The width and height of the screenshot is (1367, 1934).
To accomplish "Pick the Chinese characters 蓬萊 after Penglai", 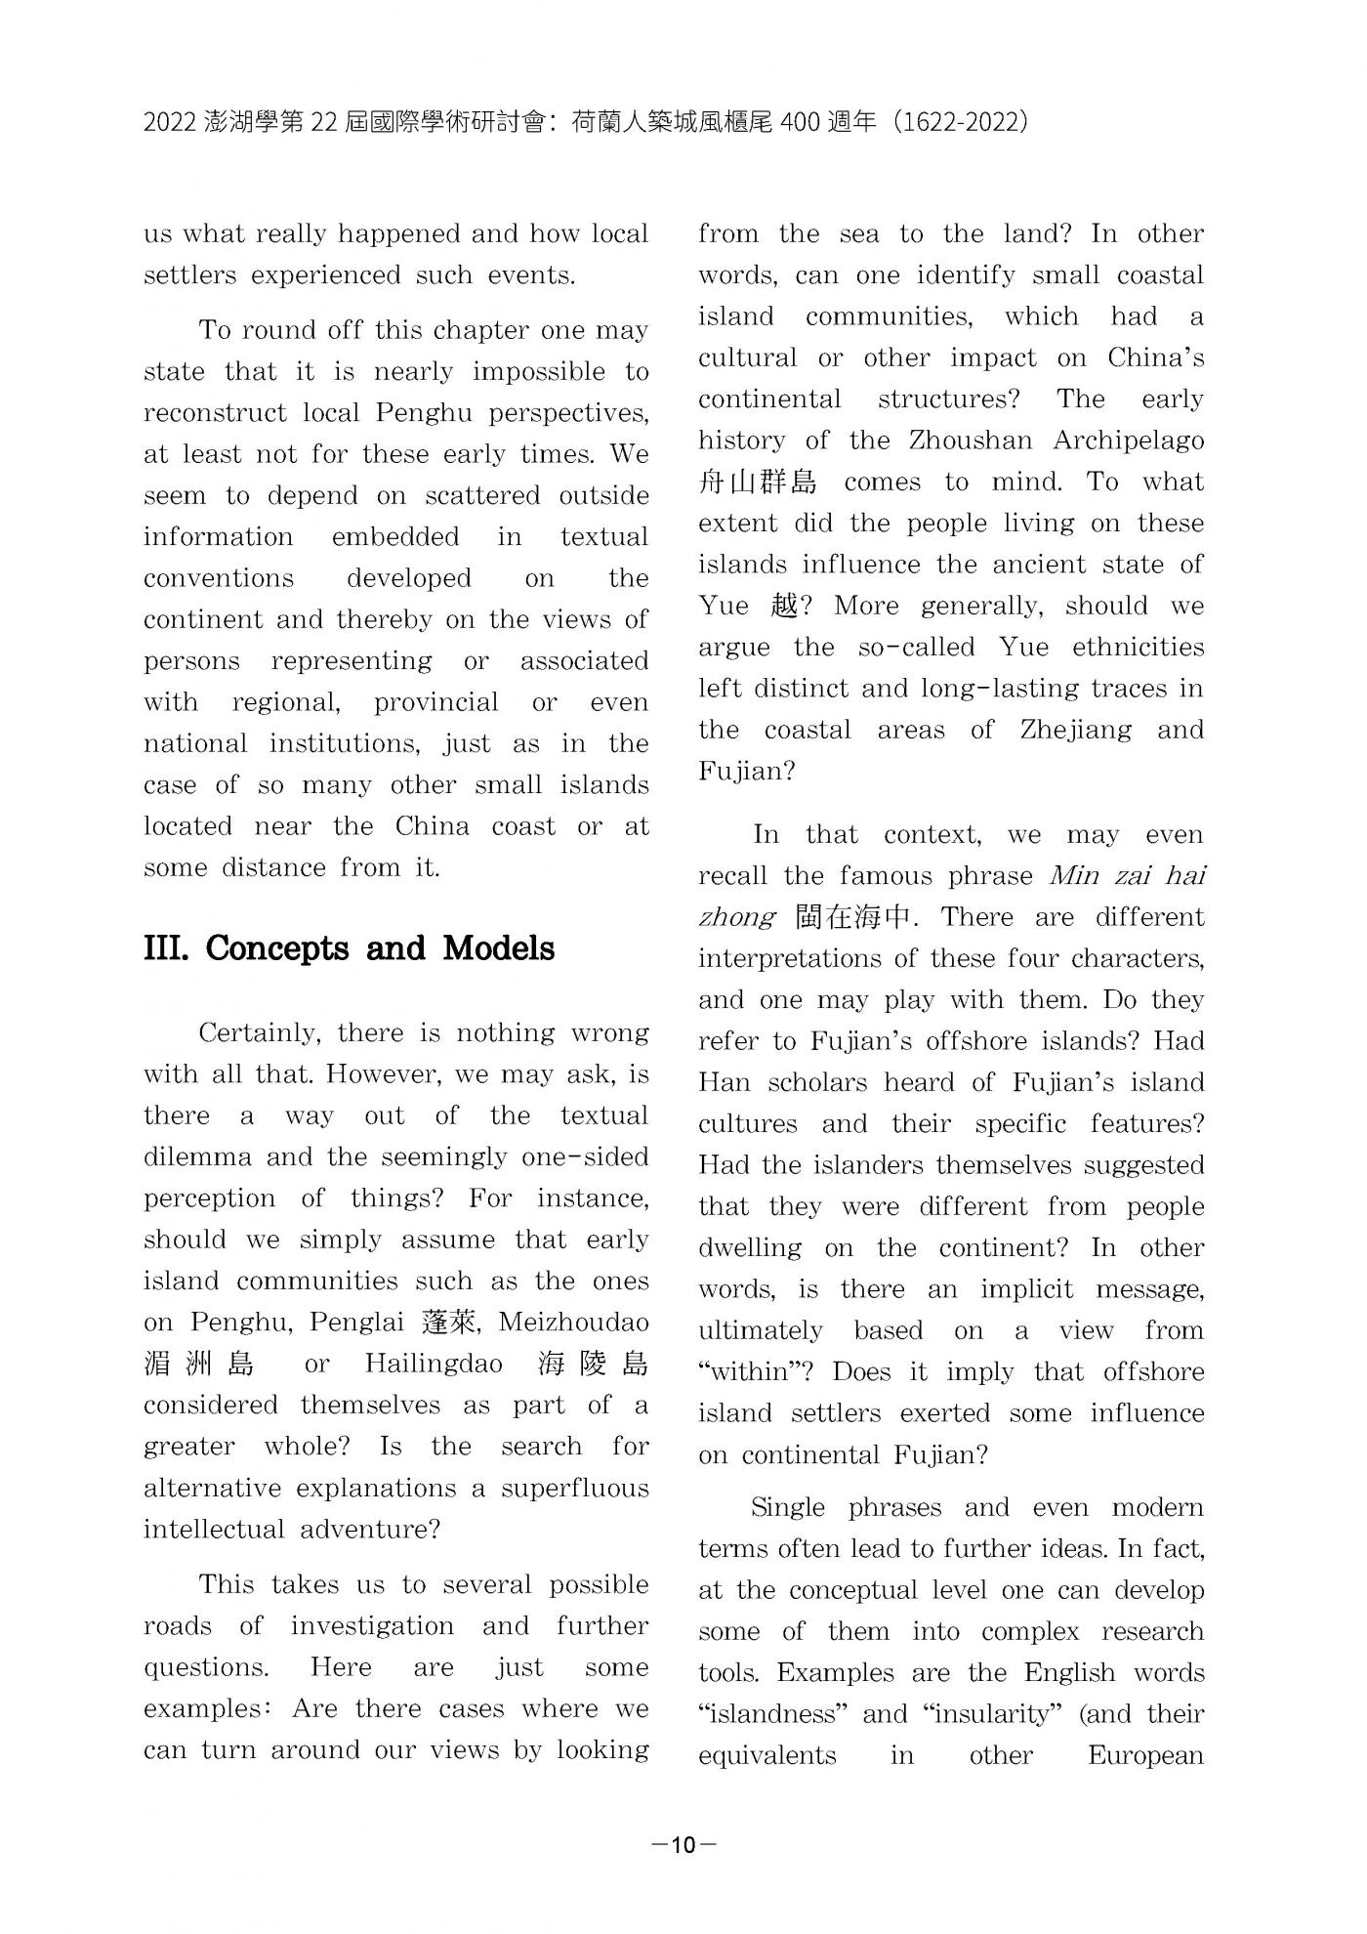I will click(x=449, y=1323).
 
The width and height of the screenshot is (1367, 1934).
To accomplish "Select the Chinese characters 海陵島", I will click(x=592, y=1365).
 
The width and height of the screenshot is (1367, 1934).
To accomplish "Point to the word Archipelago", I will click(x=1128, y=441).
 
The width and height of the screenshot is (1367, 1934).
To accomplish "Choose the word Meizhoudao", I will click(x=573, y=1323).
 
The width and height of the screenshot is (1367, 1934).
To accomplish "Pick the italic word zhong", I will click(x=736, y=918).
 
